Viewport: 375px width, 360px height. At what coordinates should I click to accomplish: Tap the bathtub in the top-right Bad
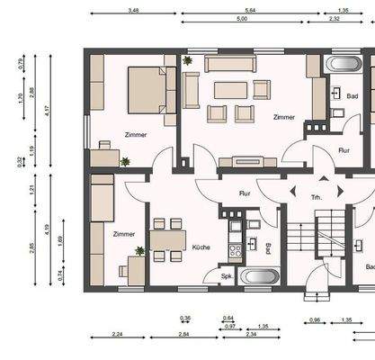coord(342,65)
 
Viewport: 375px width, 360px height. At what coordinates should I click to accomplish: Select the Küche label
coord(201,246)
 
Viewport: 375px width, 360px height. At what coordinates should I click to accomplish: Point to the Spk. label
coord(212,276)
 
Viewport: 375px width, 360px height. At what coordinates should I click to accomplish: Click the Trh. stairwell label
coord(316,196)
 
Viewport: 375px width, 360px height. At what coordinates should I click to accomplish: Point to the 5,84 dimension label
coord(251,9)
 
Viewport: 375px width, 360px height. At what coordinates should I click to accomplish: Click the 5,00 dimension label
coord(242,19)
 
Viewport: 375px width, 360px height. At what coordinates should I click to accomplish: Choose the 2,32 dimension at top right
coord(335,19)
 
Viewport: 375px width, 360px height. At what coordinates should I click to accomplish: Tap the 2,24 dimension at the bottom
coord(119,334)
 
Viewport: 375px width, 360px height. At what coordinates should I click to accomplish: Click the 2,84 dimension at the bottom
coord(183,334)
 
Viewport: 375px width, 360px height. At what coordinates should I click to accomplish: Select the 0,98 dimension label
coord(315,319)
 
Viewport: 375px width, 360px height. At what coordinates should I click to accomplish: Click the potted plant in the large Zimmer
coord(188,61)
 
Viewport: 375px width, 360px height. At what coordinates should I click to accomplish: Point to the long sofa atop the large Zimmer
coord(230,65)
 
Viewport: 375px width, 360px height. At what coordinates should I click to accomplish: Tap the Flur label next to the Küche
coord(244,193)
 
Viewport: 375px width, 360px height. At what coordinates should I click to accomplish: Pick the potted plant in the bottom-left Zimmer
coord(139,251)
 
